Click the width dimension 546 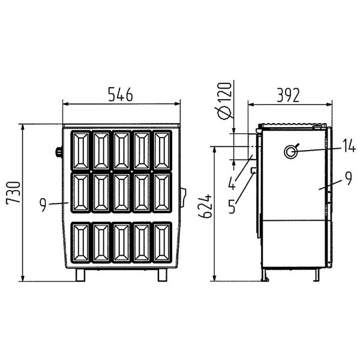121,94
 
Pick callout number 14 349,146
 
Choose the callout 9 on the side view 347,178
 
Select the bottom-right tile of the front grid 162,242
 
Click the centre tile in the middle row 121,192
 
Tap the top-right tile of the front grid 162,150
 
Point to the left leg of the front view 80,274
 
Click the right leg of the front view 162,274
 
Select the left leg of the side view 264,274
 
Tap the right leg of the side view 316,274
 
